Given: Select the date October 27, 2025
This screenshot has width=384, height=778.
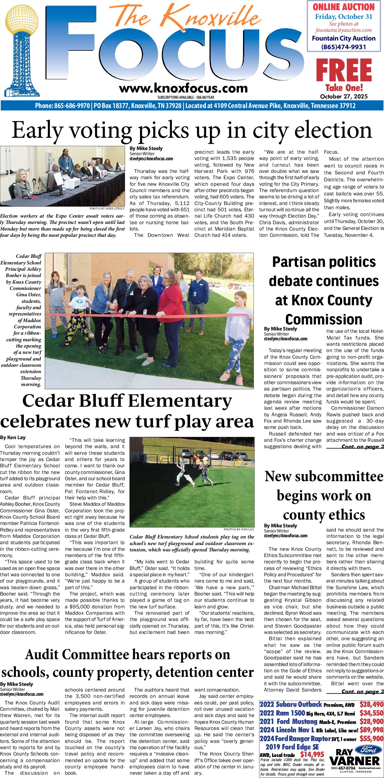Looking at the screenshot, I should [344, 97].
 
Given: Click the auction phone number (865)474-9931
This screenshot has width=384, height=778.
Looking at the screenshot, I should [343, 47].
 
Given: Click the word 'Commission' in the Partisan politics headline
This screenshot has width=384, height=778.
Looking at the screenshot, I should [324, 319].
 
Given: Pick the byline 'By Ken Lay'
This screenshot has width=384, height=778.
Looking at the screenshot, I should [13, 437].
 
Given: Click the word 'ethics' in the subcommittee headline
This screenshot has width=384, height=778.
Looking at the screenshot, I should [344, 515].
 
